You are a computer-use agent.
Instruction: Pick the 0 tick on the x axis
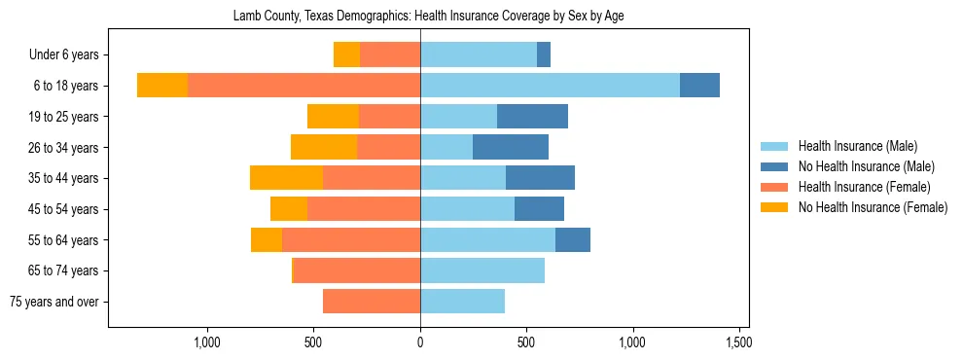tap(420, 342)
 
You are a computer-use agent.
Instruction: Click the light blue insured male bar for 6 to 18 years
tap(550, 86)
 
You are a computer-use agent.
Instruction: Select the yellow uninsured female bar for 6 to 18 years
tap(162, 86)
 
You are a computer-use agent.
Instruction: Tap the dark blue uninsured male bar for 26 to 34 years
tap(511, 147)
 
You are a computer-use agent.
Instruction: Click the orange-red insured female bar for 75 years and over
tap(372, 302)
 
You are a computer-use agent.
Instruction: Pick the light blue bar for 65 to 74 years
tap(482, 270)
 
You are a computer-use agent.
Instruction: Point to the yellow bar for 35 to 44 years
tap(286, 178)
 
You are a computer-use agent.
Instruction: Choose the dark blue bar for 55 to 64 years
tap(573, 239)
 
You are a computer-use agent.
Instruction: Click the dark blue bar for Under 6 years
tap(544, 54)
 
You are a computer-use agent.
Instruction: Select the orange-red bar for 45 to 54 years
tap(364, 209)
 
